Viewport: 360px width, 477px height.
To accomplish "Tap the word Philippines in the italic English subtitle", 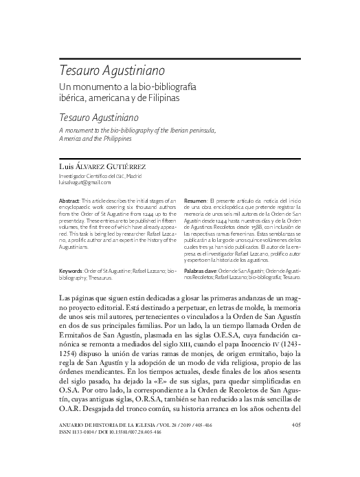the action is pos(125,138).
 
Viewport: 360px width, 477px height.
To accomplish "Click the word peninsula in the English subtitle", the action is pos(198,129).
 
